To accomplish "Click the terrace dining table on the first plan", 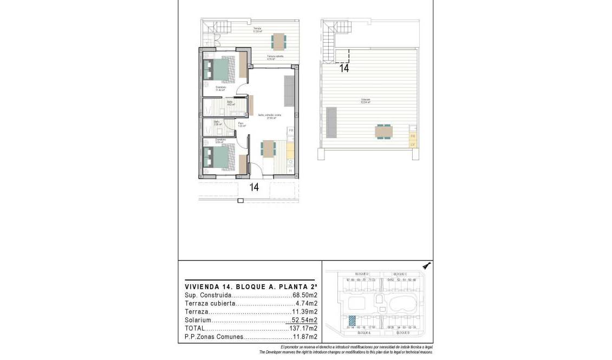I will click(x=278, y=41).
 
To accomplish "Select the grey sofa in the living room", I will click(x=289, y=90).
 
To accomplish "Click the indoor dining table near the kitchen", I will click(x=268, y=148).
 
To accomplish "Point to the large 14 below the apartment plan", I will click(x=253, y=187).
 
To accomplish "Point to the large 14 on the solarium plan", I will click(x=344, y=68).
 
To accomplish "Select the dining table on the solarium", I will click(x=383, y=132).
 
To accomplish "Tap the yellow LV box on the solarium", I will click(x=413, y=144).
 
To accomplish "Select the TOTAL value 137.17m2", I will click(x=304, y=328).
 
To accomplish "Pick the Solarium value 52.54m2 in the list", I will click(x=304, y=320).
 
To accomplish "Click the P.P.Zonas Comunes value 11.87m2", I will click(x=305, y=337).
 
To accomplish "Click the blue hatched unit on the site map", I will click(x=351, y=320).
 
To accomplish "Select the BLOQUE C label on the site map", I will click(x=400, y=274).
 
